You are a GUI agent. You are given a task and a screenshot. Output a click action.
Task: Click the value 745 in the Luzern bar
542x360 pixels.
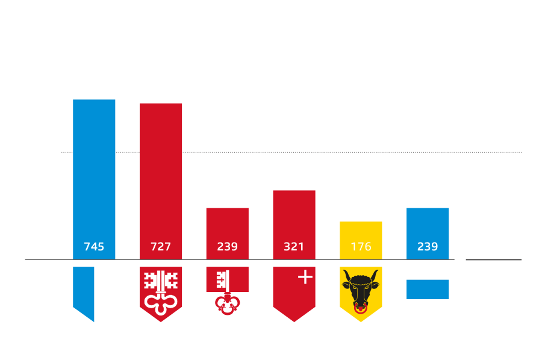tap(94, 246)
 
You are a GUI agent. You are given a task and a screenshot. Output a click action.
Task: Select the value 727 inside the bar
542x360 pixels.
tap(161, 246)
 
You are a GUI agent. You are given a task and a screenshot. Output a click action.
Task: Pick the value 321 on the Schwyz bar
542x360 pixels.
tap(294, 246)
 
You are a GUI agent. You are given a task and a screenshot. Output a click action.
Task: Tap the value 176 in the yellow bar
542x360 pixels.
tap(361, 246)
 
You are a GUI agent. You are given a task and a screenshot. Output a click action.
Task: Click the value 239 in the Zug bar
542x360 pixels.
tap(428, 246)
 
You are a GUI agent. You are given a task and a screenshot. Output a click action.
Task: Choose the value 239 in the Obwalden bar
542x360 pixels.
tap(227, 246)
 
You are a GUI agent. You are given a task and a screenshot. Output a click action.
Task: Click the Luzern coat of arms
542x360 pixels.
tap(94, 293)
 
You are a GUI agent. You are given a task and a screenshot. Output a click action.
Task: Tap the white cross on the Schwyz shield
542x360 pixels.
tap(305, 277)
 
